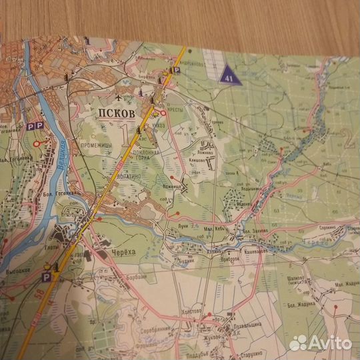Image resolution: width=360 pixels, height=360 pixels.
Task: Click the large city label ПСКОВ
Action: pyautogui.click(x=118, y=113)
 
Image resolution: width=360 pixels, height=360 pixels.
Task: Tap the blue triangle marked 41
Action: pyautogui.click(x=229, y=74)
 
